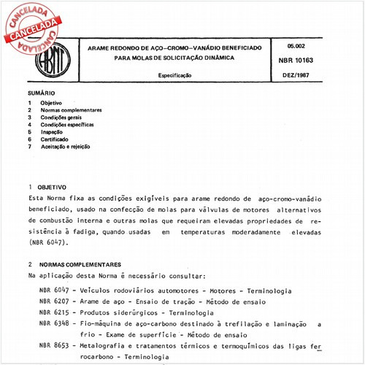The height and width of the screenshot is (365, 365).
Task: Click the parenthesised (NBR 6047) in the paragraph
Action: (x=50, y=241)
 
